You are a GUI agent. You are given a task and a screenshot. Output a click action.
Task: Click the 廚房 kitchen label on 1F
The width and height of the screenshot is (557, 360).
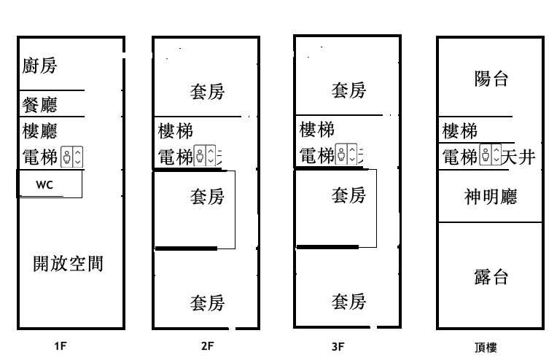pyautogui.click(x=40, y=66)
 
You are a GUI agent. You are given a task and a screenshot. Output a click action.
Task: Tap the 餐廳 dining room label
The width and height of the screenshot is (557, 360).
pyautogui.click(x=40, y=105)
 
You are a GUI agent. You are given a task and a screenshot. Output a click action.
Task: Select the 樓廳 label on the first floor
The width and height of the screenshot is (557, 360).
pyautogui.click(x=40, y=130)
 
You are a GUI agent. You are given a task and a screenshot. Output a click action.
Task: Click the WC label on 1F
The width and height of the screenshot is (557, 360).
pyautogui.click(x=44, y=185)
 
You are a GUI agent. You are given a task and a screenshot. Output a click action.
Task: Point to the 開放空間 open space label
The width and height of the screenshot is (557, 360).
pyautogui.click(x=69, y=263)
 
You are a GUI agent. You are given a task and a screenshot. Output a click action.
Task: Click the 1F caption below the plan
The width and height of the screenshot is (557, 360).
pyautogui.click(x=61, y=347)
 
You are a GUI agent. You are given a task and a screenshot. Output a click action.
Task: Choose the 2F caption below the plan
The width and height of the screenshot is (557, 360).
pyautogui.click(x=207, y=347)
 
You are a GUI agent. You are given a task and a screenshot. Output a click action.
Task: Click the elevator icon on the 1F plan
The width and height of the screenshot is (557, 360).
pyautogui.click(x=72, y=156)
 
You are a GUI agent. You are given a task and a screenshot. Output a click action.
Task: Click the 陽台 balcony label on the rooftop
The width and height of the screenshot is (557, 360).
pyautogui.click(x=491, y=79)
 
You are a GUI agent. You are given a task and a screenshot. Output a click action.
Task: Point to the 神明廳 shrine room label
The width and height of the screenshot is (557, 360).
pyautogui.click(x=490, y=196)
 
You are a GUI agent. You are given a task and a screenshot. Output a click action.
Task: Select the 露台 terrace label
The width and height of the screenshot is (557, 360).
pyautogui.click(x=490, y=277)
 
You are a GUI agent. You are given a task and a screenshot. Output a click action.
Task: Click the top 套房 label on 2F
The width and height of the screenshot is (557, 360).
pyautogui.click(x=207, y=91)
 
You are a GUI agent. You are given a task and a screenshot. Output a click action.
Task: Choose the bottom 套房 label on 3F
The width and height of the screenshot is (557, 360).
pyautogui.click(x=348, y=301)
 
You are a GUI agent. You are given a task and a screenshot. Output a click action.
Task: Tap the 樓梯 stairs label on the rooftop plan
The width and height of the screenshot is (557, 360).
pyautogui.click(x=460, y=131)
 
